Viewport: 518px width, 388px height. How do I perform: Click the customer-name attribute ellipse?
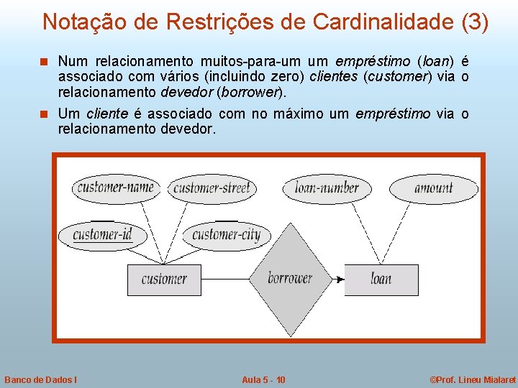pyautogui.click(x=116, y=188)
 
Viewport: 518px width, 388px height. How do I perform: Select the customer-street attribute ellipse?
pyautogui.click(x=212, y=189)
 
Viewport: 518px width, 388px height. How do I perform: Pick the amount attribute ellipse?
pyautogui.click(x=434, y=188)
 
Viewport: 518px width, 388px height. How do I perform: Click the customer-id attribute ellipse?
pyautogui.click(x=102, y=234)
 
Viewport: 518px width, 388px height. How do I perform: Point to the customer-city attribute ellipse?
pyautogui.click(x=226, y=234)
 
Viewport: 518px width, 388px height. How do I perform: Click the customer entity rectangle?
pyautogui.click(x=164, y=280)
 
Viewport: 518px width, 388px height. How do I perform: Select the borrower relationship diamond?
pyautogui.click(x=290, y=279)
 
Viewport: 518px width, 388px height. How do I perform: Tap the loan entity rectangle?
pyautogui.click(x=381, y=280)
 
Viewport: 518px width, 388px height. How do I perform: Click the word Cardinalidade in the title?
pyautogui.click(x=384, y=22)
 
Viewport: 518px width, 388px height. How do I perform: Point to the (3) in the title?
pyautogui.click(x=475, y=22)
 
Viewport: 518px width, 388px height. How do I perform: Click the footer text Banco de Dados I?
pyautogui.click(x=41, y=379)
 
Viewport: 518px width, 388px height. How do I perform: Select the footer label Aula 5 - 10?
pyautogui.click(x=263, y=379)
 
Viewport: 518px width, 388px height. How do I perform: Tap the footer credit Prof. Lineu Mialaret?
pyautogui.click(x=472, y=379)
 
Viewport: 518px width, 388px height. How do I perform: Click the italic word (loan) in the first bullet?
pyautogui.click(x=437, y=61)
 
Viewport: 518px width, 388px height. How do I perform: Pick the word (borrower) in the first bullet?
pyautogui.click(x=250, y=91)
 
